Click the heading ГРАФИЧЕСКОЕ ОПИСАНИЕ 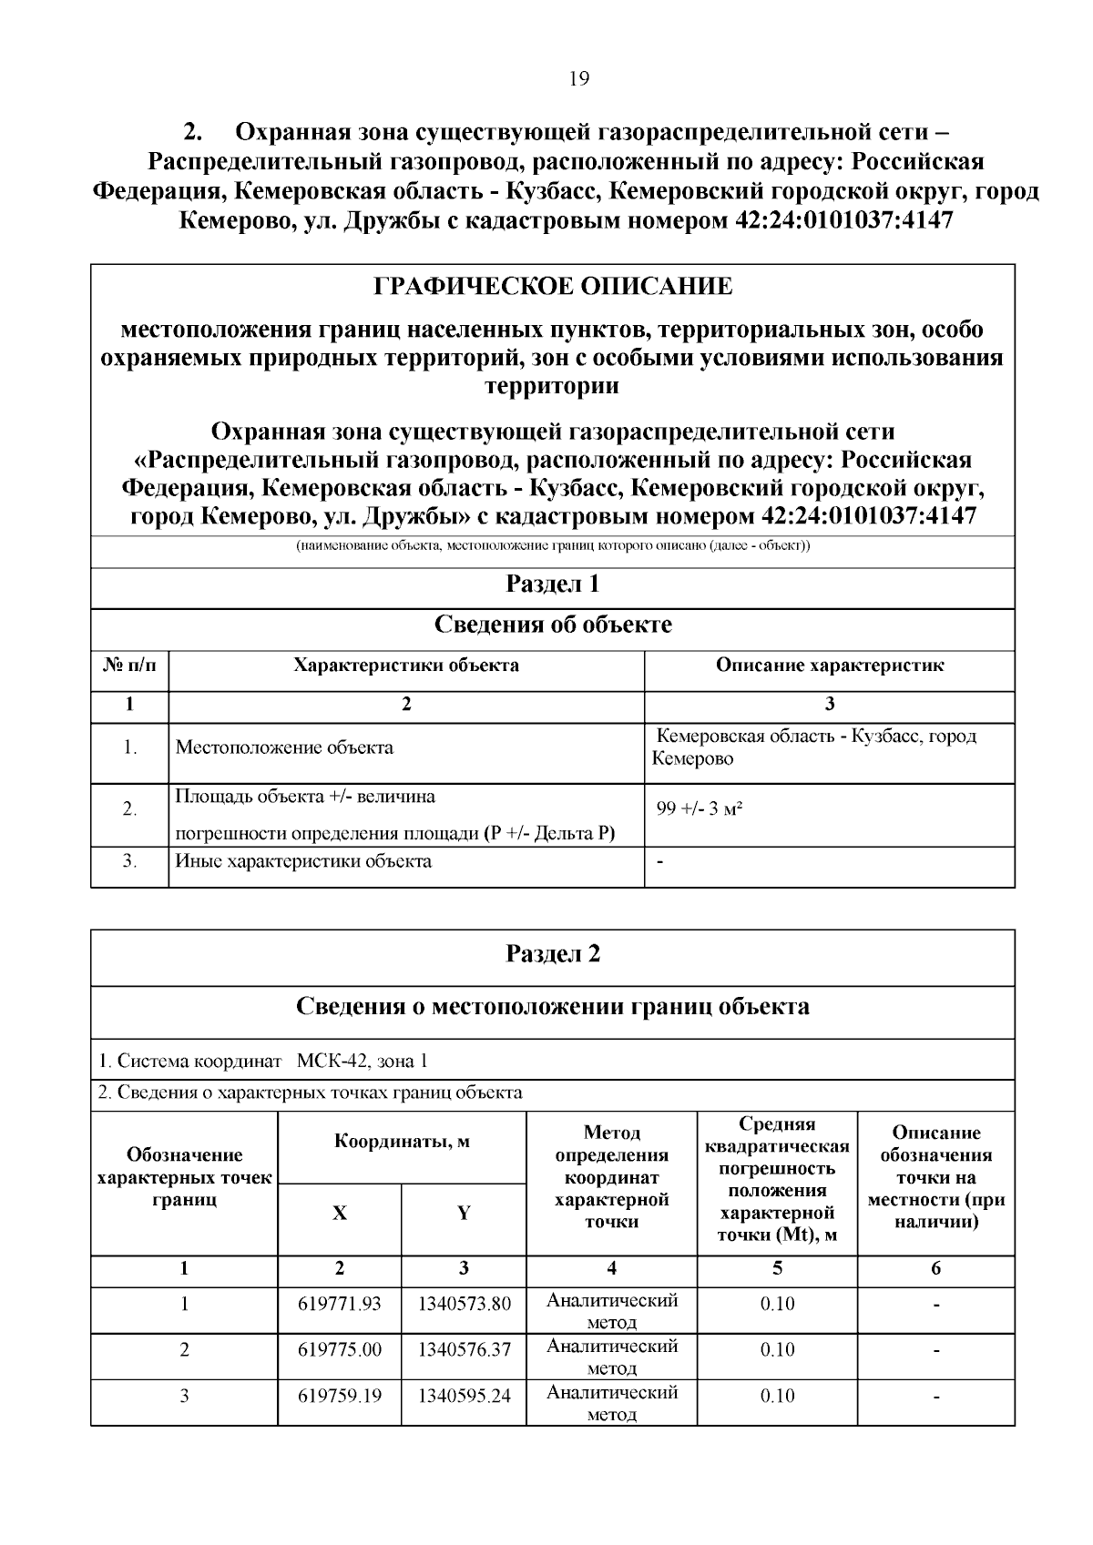coord(553,287)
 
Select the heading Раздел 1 coord(552,584)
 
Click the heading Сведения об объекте coord(552,625)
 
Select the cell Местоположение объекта coord(284,748)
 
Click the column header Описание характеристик coord(829,666)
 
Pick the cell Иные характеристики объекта coord(303,861)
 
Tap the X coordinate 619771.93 coord(339,1305)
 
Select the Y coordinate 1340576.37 coord(464,1350)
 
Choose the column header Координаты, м coord(402,1142)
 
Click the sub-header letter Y coord(464,1214)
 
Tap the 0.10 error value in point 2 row coord(777,1350)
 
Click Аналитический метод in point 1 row coord(611,1311)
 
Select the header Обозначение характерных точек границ coord(184,1177)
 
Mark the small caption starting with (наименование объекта coord(552,546)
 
